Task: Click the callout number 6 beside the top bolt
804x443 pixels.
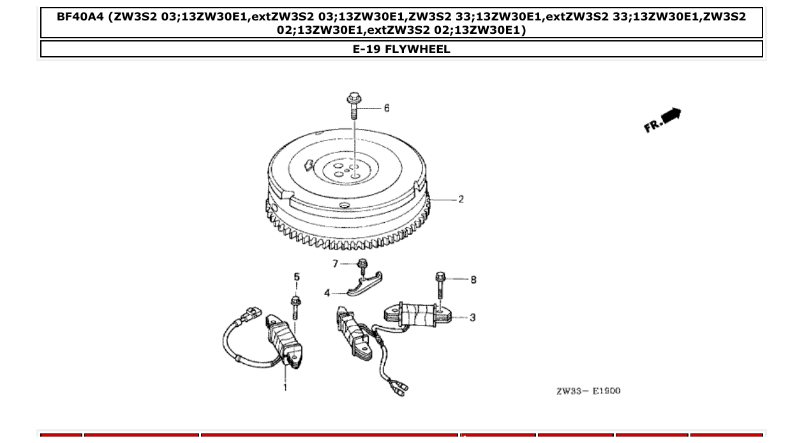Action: pos(387,109)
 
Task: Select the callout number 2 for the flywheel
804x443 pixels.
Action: pos(461,199)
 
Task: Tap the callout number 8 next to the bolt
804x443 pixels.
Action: pos(473,280)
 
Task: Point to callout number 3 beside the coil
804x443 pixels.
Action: pos(472,317)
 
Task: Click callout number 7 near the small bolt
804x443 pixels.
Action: pos(335,264)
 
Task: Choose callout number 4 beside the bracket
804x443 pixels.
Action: pos(327,293)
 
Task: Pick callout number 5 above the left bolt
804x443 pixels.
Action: pos(296,277)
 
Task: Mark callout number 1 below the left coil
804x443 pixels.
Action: pos(285,387)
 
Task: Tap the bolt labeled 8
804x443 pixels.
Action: pos(440,286)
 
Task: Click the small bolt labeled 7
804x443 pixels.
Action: pos(362,265)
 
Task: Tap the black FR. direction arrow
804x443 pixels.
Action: pos(671,116)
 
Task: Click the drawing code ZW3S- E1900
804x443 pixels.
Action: pos(588,391)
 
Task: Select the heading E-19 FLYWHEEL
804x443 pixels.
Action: pos(401,49)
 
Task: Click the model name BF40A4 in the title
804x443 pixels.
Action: pos(81,17)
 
